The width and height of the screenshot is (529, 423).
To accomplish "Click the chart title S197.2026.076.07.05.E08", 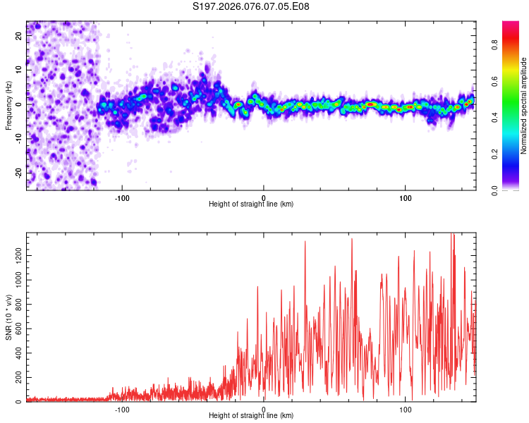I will pos(251,7).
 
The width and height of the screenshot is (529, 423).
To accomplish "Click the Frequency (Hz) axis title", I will pos(8,105).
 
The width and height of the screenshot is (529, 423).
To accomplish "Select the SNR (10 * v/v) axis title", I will pos(8,318).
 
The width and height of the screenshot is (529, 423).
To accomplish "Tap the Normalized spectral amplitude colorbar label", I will pos(523,106).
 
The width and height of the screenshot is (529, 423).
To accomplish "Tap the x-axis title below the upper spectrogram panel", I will pos(251,204).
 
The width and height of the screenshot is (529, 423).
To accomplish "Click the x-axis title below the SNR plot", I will pos(251,416).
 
